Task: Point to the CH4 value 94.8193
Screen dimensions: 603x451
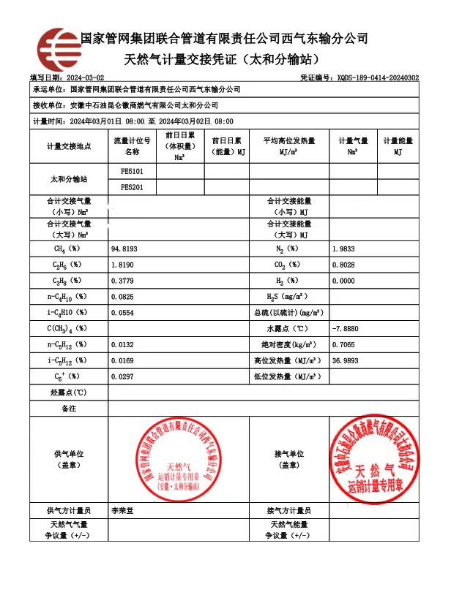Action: tap(124, 249)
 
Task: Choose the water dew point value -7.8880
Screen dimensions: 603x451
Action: tap(346, 329)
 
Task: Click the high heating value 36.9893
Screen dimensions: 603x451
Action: tap(346, 361)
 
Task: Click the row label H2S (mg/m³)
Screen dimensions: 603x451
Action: tap(286, 297)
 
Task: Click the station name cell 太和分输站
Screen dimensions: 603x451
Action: tap(68, 179)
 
